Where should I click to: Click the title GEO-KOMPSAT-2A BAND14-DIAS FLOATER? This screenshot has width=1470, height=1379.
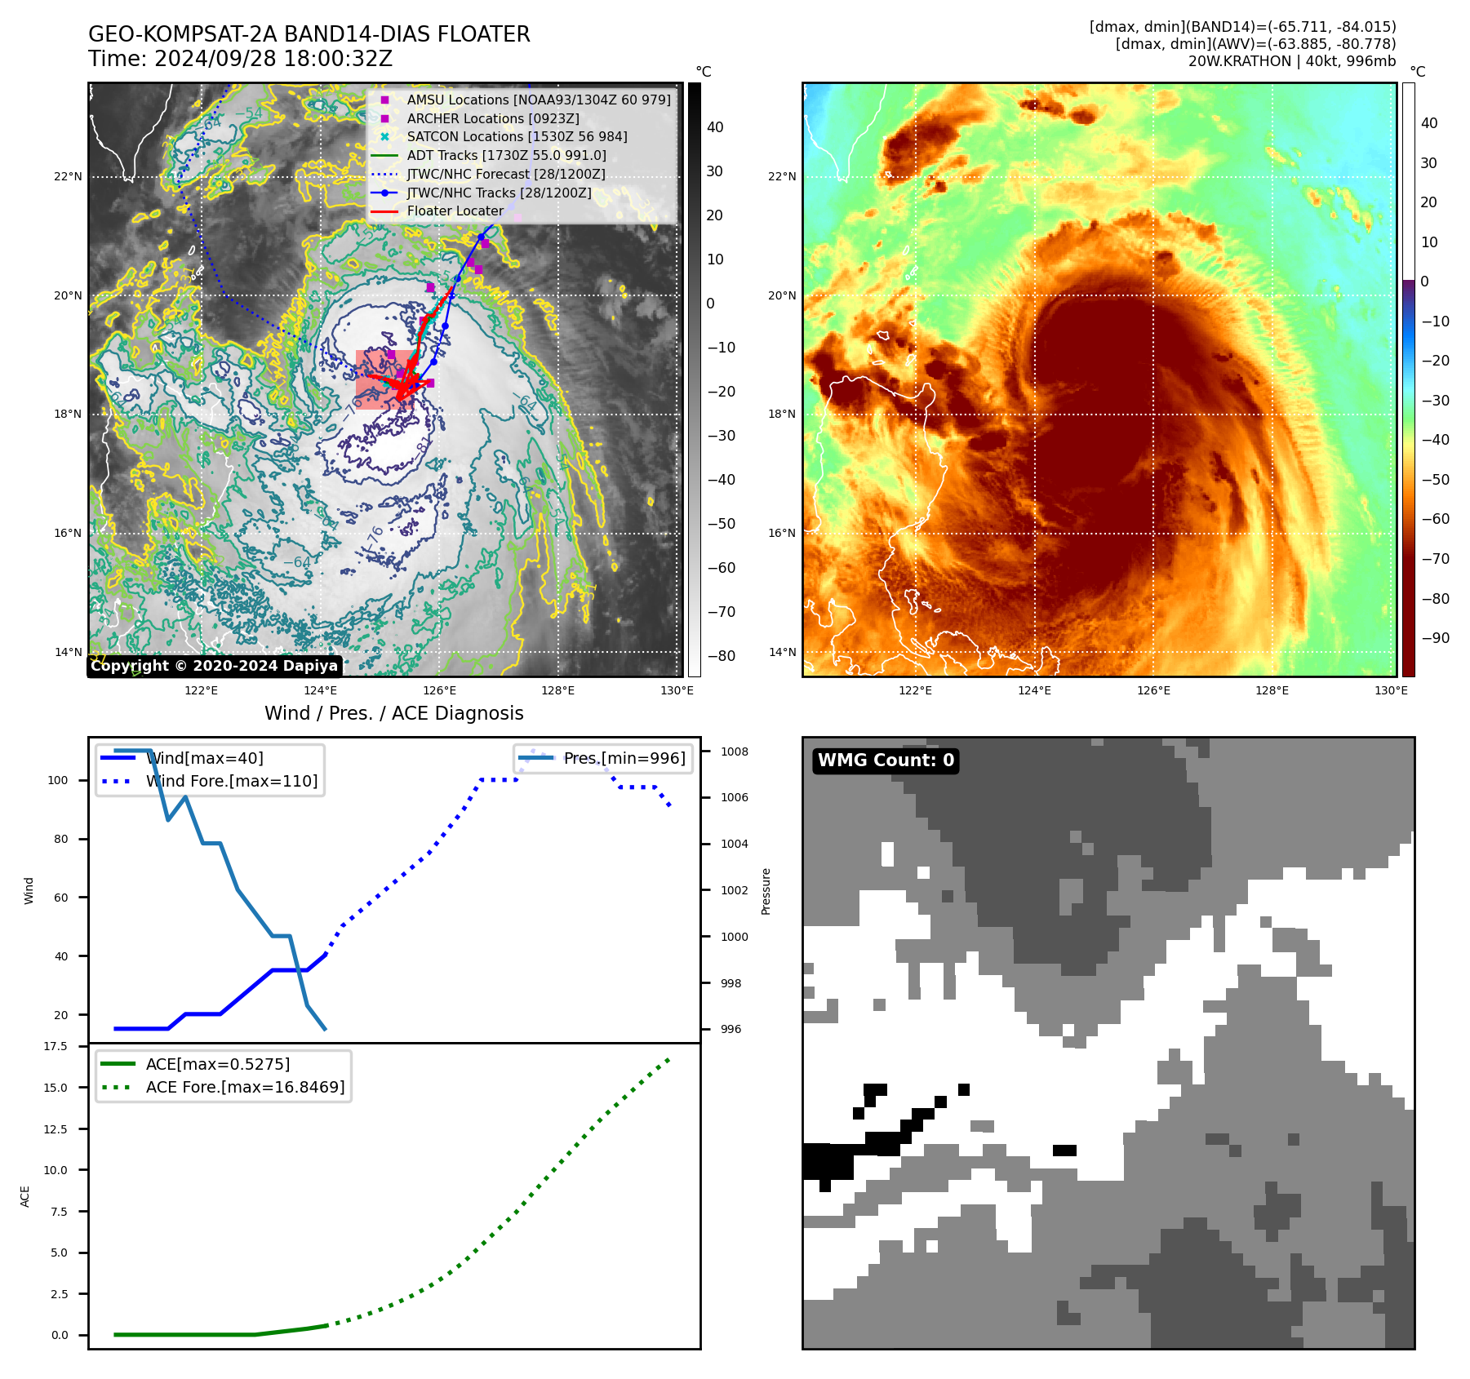tap(309, 34)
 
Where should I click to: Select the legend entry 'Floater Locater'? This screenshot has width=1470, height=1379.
tap(455, 211)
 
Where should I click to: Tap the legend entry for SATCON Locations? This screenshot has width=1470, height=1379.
tap(517, 136)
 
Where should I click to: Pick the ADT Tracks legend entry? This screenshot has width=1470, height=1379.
tap(506, 155)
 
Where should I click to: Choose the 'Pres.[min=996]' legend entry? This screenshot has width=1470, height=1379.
tap(624, 758)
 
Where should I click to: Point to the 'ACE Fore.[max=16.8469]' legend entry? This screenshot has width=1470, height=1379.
tap(245, 1087)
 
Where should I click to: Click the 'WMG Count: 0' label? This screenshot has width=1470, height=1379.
tap(886, 760)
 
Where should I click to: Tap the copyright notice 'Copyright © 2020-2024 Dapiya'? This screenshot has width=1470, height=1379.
tap(214, 666)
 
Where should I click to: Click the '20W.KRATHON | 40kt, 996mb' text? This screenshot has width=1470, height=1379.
tap(1291, 61)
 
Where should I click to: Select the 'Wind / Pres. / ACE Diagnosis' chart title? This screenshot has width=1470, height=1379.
tap(393, 713)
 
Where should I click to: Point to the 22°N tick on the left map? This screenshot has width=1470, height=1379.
tap(69, 176)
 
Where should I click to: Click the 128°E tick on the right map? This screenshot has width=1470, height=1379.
tap(1272, 690)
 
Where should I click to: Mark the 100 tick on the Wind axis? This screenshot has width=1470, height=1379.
tap(58, 780)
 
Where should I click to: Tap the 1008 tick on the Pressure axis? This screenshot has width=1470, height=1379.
tap(734, 752)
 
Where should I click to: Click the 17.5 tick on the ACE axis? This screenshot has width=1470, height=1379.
tap(56, 1046)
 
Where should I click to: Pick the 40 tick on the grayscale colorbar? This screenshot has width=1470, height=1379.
tap(715, 126)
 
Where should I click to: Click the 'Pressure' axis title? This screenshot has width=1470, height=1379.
tap(766, 891)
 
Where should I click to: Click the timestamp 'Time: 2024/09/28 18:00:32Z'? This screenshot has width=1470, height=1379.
tap(240, 59)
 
